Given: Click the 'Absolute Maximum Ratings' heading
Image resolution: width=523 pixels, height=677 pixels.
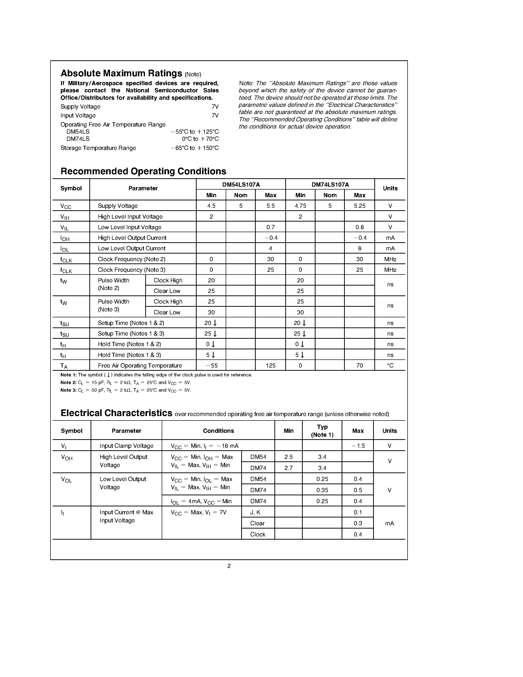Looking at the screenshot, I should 121,73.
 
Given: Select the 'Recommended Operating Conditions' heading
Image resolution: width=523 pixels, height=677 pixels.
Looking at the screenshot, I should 143,171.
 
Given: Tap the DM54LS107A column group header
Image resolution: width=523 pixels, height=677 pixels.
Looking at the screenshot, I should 241,184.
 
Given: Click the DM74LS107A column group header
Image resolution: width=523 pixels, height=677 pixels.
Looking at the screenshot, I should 330,184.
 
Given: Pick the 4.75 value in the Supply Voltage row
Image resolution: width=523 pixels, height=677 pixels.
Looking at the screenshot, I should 300,206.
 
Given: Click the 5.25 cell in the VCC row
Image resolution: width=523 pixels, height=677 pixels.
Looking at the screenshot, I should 359,206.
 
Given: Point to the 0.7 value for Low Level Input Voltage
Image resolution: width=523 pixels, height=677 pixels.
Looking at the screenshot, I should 270,227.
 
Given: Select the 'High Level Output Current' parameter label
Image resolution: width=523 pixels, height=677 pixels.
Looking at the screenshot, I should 132,238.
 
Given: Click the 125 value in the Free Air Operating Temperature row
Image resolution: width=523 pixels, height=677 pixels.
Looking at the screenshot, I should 270,366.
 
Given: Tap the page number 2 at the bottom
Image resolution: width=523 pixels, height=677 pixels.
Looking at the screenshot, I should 229,566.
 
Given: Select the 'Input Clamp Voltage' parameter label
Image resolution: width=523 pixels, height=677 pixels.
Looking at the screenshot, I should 127,446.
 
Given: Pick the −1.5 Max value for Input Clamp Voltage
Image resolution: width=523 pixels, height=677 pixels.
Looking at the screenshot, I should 358,446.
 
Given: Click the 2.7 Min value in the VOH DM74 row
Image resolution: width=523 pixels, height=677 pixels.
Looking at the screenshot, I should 288,468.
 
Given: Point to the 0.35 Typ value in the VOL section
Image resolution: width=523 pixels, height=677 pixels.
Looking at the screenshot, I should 322,490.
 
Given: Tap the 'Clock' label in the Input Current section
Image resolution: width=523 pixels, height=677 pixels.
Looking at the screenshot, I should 257,534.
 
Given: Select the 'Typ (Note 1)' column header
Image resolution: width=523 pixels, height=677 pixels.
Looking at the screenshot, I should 322,431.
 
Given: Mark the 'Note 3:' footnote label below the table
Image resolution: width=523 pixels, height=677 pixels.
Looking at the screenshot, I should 68,390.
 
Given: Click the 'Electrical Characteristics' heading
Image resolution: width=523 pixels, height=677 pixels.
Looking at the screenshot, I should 116,413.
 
